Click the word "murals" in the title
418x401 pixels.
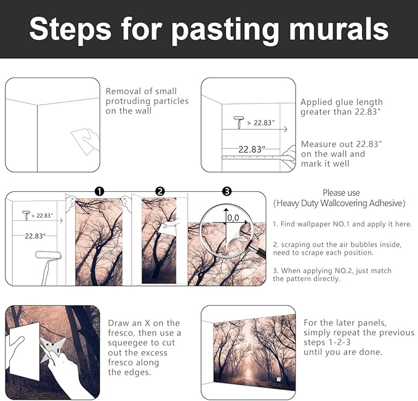(x=339, y=29)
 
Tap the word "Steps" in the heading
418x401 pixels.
(x=70, y=30)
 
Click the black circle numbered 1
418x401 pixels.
(x=99, y=191)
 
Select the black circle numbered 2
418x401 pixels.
(x=160, y=191)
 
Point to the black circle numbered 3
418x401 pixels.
(x=227, y=191)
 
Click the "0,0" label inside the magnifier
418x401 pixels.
(x=233, y=218)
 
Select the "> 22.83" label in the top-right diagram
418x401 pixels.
(x=260, y=123)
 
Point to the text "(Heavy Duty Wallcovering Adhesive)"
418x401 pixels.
(x=339, y=203)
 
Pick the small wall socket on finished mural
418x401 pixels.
(x=279, y=379)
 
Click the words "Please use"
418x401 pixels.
(x=341, y=193)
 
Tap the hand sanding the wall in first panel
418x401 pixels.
(x=92, y=139)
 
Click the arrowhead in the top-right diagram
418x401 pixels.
(x=286, y=129)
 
